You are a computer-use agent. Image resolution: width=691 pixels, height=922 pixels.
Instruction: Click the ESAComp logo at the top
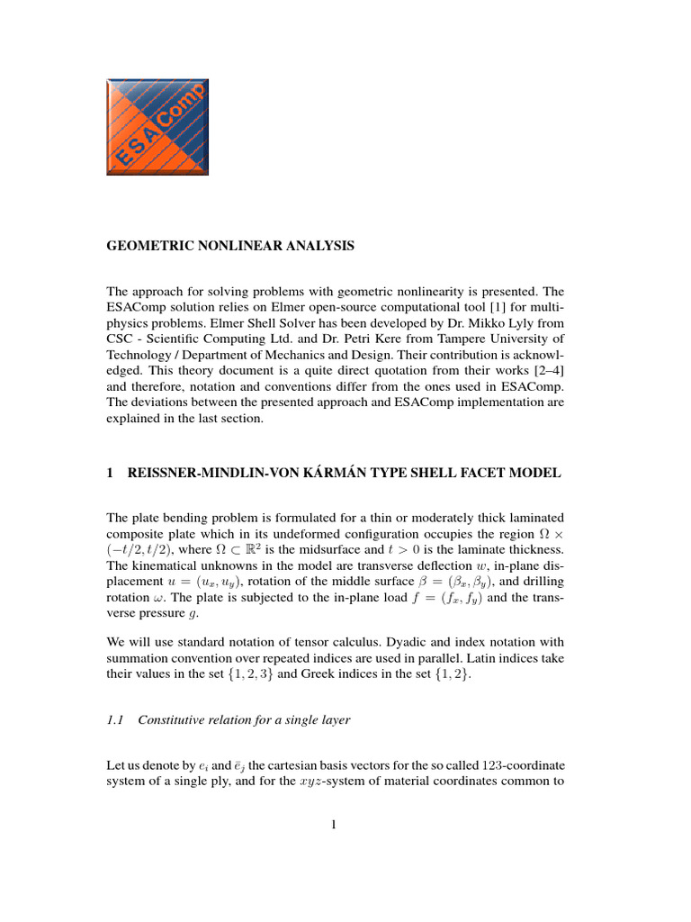(x=157, y=126)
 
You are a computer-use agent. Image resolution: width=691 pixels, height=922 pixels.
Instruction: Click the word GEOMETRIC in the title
(x=150, y=245)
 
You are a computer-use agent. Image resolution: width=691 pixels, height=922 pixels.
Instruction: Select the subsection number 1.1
(x=115, y=719)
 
